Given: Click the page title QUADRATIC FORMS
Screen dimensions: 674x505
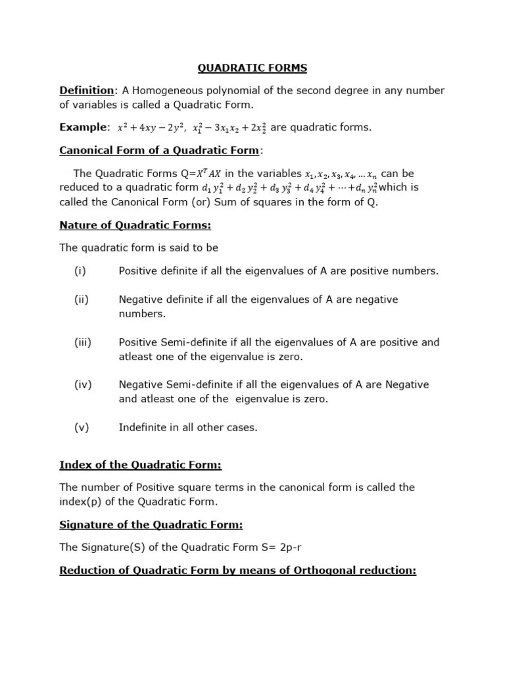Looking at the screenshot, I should tap(252, 68).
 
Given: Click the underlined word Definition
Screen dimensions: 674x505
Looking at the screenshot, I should tap(87, 90).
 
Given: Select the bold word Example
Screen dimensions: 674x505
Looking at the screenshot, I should tap(82, 127).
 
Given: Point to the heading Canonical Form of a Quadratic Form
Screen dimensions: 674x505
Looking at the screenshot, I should tap(160, 150).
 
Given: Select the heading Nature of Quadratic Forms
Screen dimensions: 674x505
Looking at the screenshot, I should tap(135, 225).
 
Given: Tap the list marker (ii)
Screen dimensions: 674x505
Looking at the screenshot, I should tap(81, 299).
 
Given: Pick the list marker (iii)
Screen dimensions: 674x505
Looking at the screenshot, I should tap(82, 342).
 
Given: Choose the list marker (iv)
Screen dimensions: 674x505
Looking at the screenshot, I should tap(82, 384).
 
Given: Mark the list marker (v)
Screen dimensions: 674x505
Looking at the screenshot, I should tap(81, 427).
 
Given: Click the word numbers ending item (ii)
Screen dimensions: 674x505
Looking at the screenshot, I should tap(141, 313).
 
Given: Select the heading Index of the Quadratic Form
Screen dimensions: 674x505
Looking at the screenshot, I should tap(140, 465).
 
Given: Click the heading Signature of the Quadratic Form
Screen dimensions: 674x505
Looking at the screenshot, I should tap(151, 525).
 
